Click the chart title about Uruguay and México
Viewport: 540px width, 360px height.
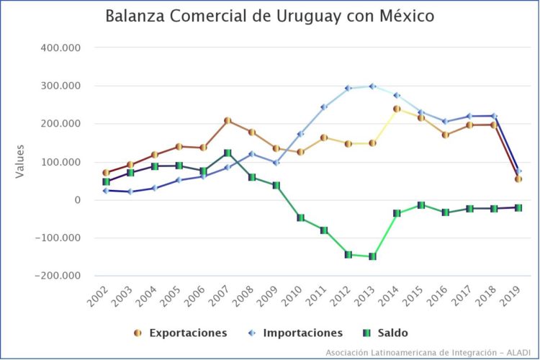270,17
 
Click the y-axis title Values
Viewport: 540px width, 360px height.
22,161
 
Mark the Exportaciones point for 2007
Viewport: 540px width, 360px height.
228,121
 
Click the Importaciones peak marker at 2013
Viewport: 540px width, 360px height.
372,86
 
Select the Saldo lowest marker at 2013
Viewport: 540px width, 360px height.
372,256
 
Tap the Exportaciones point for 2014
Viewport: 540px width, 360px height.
397,109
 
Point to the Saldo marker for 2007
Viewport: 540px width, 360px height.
228,153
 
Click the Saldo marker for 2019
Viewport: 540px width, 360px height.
518,207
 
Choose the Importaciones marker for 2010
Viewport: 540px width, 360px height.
300,134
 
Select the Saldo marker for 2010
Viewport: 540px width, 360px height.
300,217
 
